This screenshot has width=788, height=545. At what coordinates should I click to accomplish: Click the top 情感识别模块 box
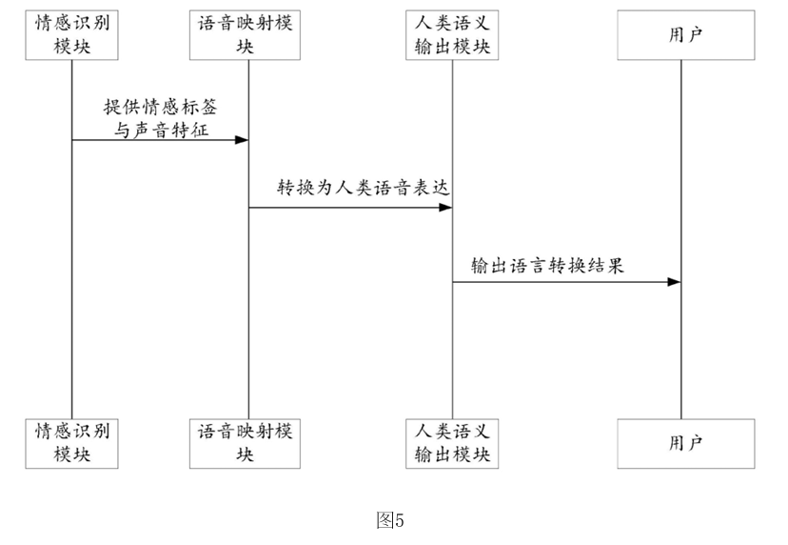72,35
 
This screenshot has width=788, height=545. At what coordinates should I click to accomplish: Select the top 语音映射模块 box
245,35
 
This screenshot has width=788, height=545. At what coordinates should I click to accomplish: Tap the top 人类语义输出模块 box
452,35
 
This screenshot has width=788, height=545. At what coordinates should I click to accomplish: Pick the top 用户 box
686,35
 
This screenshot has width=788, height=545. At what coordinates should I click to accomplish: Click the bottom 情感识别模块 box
72,444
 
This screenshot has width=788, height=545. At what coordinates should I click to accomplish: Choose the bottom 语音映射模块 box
245,444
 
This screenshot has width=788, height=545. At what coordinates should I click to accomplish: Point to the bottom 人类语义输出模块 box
452,444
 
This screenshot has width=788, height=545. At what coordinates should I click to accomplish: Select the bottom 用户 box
686,444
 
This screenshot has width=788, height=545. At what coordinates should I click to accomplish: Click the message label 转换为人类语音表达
364,188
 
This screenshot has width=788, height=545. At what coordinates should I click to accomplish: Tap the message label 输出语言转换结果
547,265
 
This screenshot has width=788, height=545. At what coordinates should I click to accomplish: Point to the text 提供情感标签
160,107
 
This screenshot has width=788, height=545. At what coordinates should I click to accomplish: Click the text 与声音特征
161,131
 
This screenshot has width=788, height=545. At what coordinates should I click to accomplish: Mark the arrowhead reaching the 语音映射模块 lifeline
243,139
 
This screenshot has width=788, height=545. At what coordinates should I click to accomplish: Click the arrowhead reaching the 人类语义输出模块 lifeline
445,208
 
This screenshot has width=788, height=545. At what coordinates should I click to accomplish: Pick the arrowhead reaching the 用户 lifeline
675,282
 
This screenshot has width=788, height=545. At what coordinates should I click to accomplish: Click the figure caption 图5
390,520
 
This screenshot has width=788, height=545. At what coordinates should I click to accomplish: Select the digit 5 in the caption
400,520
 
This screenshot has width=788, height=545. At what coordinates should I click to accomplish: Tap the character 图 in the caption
385,520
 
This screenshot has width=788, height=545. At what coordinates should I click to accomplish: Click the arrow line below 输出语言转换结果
567,282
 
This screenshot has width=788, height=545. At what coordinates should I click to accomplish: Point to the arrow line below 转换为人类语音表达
350,208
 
